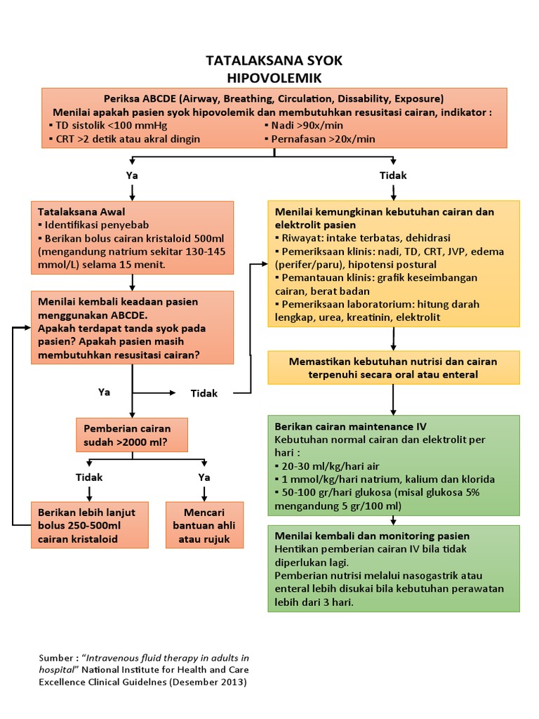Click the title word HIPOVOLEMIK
point(274,77)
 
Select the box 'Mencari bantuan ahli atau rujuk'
point(204,525)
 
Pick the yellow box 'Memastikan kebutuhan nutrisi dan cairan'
point(393,368)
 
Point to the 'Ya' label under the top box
point(132,176)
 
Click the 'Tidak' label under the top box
point(393,176)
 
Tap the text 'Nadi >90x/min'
point(307,126)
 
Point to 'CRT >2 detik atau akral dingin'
point(128,139)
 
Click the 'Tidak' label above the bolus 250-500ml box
point(89,477)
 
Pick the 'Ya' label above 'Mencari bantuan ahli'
point(204,477)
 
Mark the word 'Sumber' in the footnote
point(55,658)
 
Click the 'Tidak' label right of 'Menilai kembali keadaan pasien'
point(204,393)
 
